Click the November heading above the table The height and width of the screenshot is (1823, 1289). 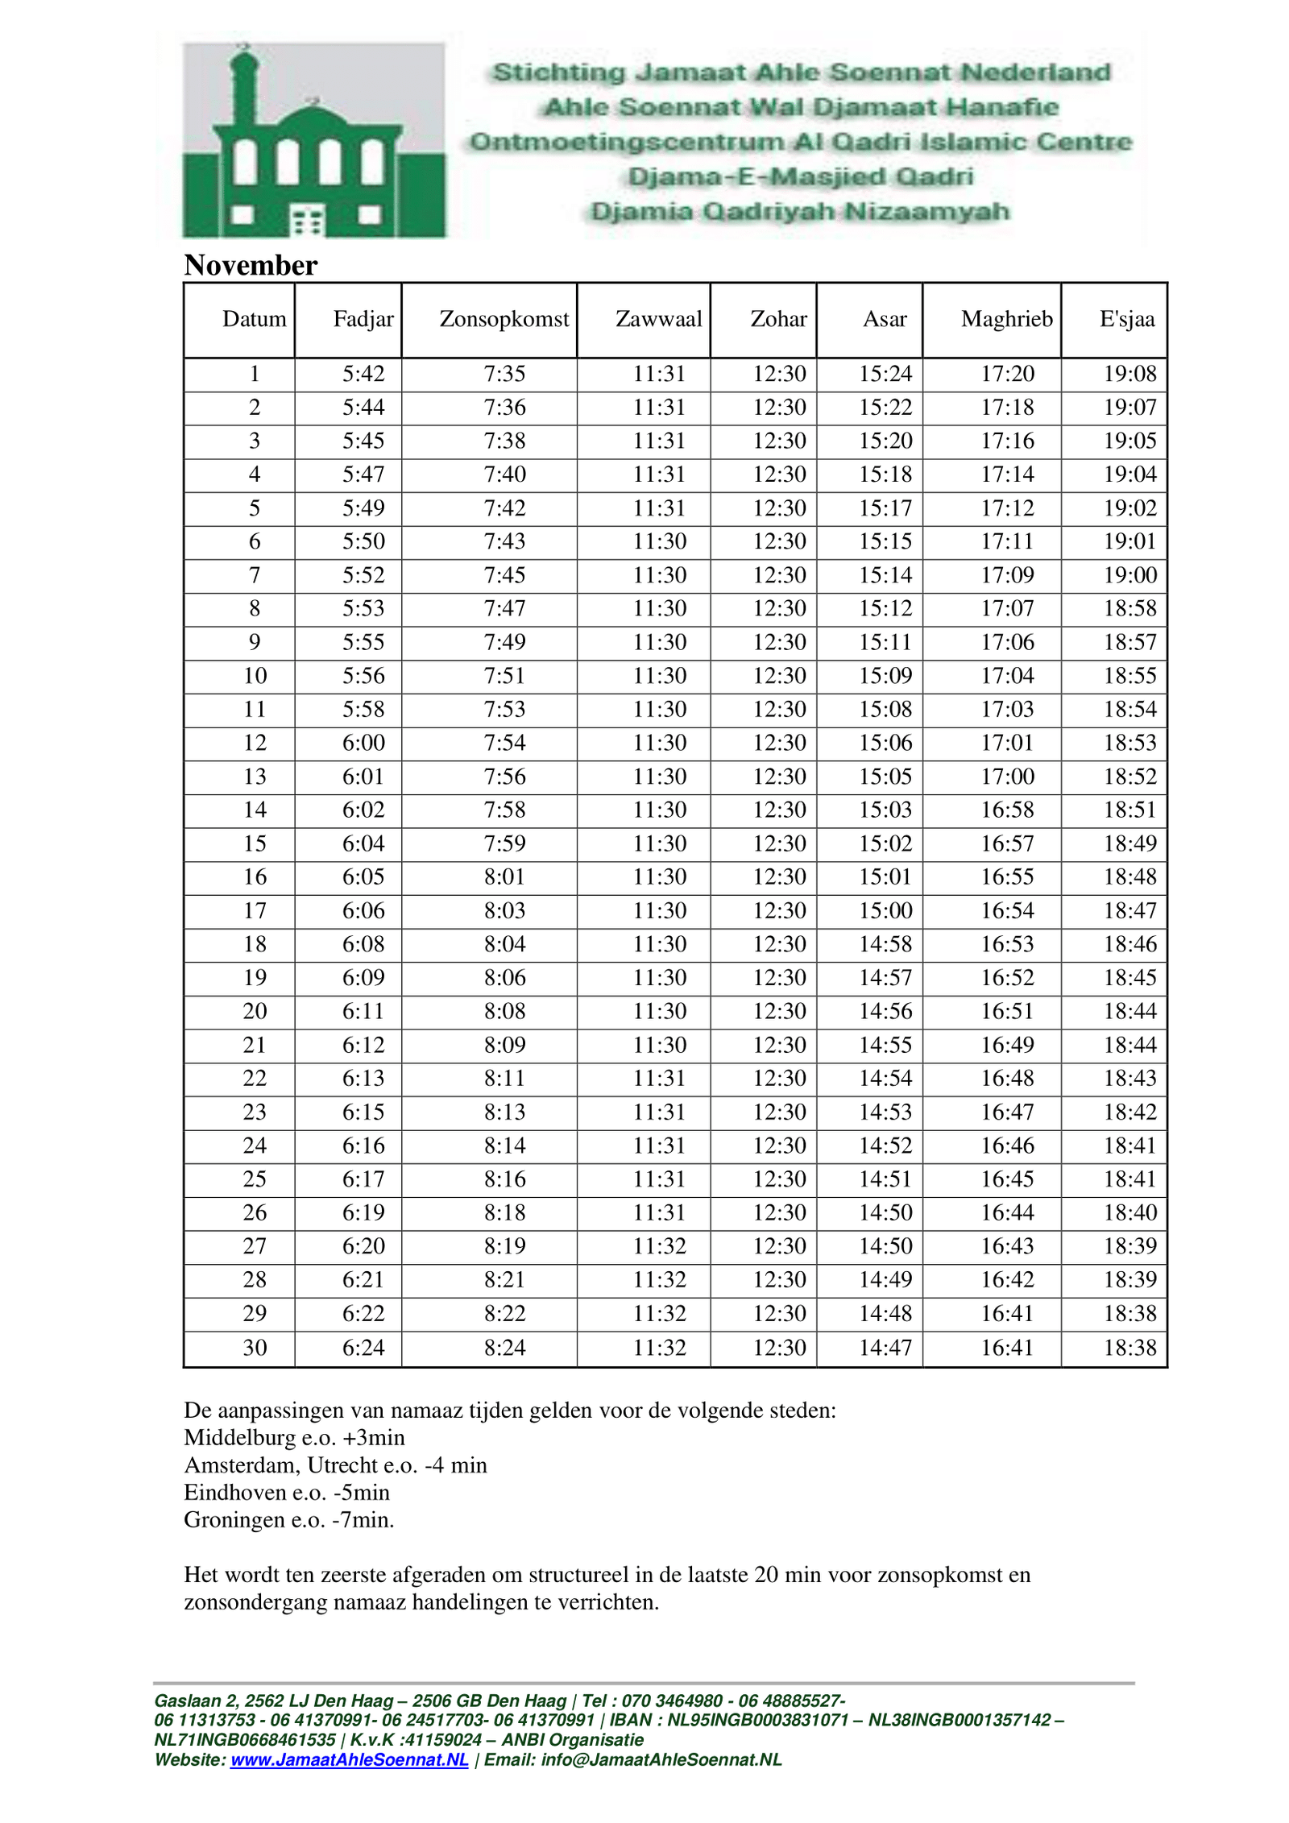[251, 265]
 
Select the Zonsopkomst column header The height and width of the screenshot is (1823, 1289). [504, 319]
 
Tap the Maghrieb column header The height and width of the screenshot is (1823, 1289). [1006, 319]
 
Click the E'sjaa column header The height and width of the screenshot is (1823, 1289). [1126, 319]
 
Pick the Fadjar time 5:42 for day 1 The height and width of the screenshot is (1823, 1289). [363, 374]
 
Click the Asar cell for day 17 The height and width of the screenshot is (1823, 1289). [885, 910]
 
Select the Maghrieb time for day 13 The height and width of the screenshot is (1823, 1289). [1007, 777]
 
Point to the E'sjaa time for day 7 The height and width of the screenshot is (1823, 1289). [1129, 575]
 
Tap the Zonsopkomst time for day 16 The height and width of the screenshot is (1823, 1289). [504, 876]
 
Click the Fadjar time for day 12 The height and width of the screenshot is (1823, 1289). [363, 743]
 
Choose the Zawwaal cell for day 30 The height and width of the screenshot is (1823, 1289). [659, 1347]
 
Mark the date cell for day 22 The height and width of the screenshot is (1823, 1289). [255, 1078]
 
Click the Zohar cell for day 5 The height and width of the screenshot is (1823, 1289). [779, 508]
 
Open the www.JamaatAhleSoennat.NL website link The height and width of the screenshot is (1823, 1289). [349, 1759]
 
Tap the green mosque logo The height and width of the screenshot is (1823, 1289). [313, 140]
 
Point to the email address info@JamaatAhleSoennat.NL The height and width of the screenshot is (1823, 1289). [661, 1759]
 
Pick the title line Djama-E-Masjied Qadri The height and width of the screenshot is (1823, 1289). [800, 176]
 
